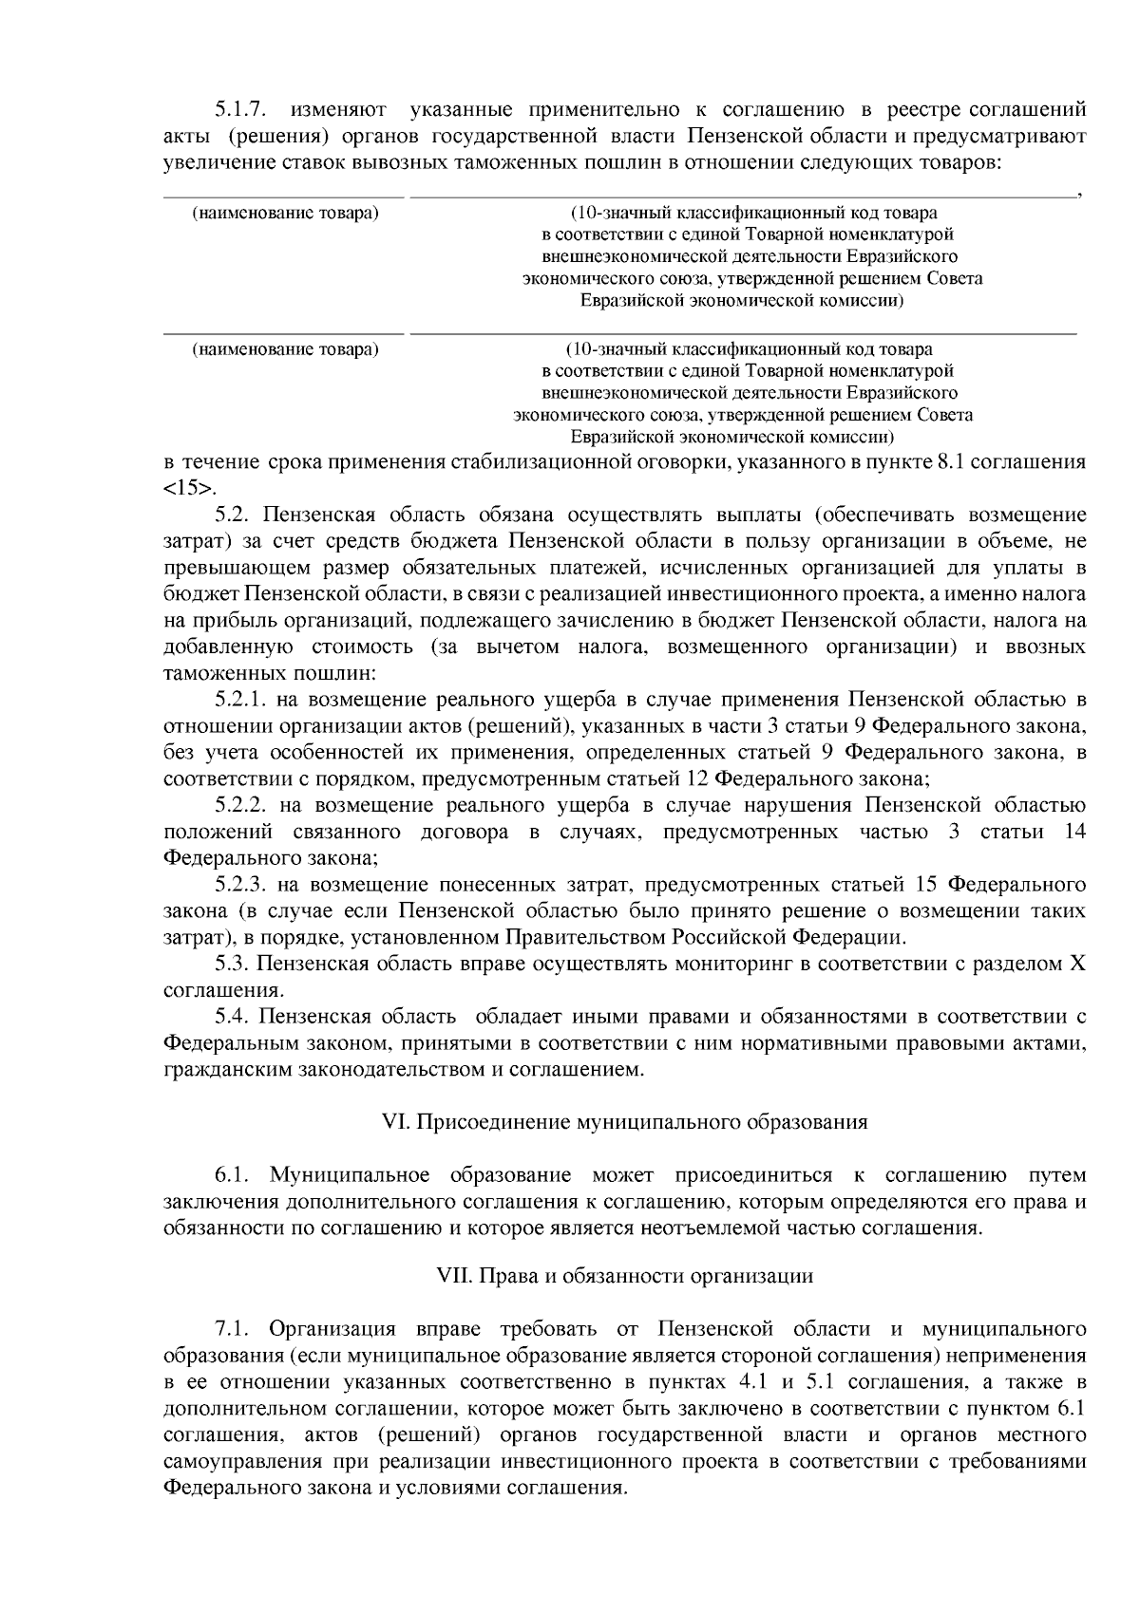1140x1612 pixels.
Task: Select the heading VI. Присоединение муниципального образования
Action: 624,1122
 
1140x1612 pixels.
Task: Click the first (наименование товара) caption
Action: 285,213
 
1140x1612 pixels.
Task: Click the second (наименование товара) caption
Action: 285,349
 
